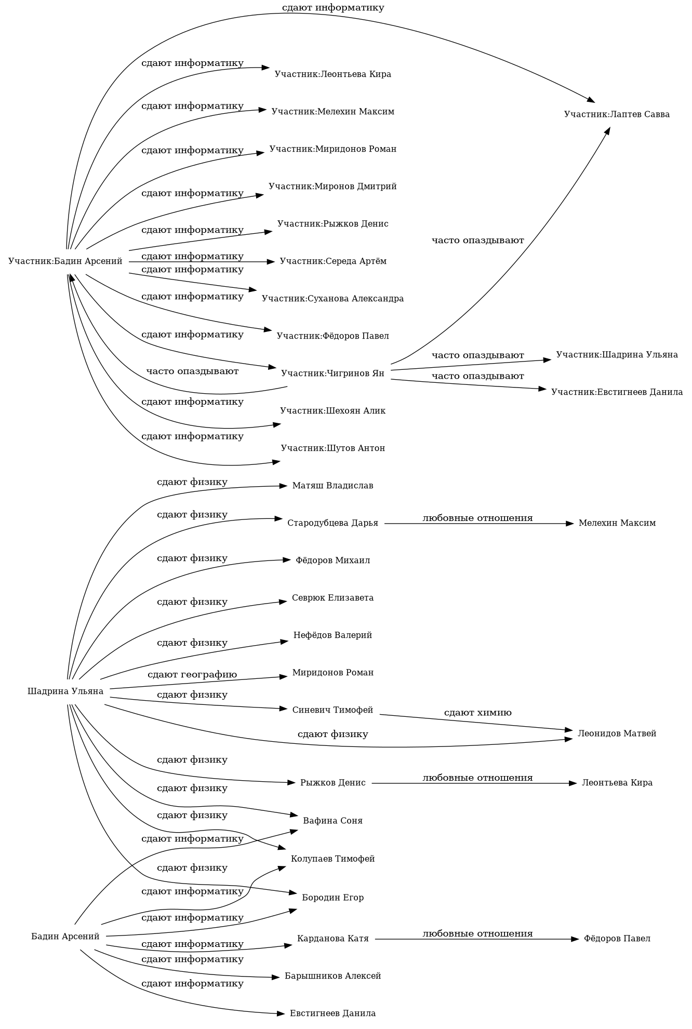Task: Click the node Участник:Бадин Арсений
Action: [x=65, y=261]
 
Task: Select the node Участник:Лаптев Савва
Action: [x=617, y=115]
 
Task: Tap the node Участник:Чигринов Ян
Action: [x=332, y=373]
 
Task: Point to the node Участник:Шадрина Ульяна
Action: [x=617, y=355]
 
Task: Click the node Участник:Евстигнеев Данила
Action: [x=617, y=392]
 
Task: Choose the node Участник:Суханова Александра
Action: [x=332, y=299]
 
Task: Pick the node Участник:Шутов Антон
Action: [x=332, y=448]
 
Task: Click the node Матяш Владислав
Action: [x=332, y=486]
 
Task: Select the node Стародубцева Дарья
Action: [x=332, y=523]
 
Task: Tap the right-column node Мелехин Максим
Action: [x=617, y=523]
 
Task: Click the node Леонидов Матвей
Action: [x=617, y=734]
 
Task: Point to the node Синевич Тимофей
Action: [x=332, y=711]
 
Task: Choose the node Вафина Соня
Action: [x=332, y=821]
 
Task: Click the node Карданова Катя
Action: [x=332, y=939]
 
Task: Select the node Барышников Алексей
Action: [x=332, y=976]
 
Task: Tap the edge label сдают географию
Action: [x=192, y=675]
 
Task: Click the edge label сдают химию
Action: [x=477, y=713]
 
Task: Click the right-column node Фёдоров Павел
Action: [x=617, y=939]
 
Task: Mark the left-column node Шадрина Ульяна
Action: [x=65, y=692]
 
